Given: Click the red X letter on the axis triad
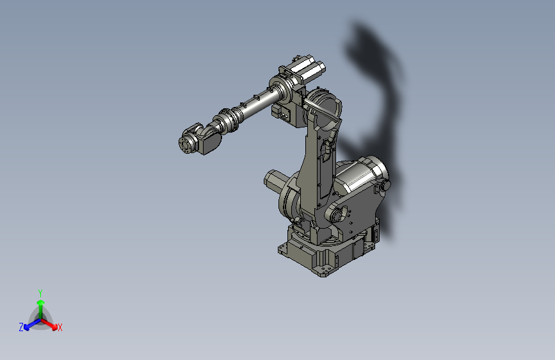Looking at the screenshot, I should point(60,328).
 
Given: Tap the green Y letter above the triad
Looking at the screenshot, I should point(40,292).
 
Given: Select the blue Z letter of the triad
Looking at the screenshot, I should point(21,327).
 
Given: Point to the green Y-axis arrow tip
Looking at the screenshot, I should point(40,300).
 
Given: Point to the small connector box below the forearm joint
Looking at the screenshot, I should point(282,114).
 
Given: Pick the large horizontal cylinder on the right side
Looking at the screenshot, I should point(358,181).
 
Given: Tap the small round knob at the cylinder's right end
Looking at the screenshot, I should point(386,185).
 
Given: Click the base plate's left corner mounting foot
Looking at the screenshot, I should point(284,249).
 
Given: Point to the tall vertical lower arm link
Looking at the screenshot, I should point(318,167).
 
